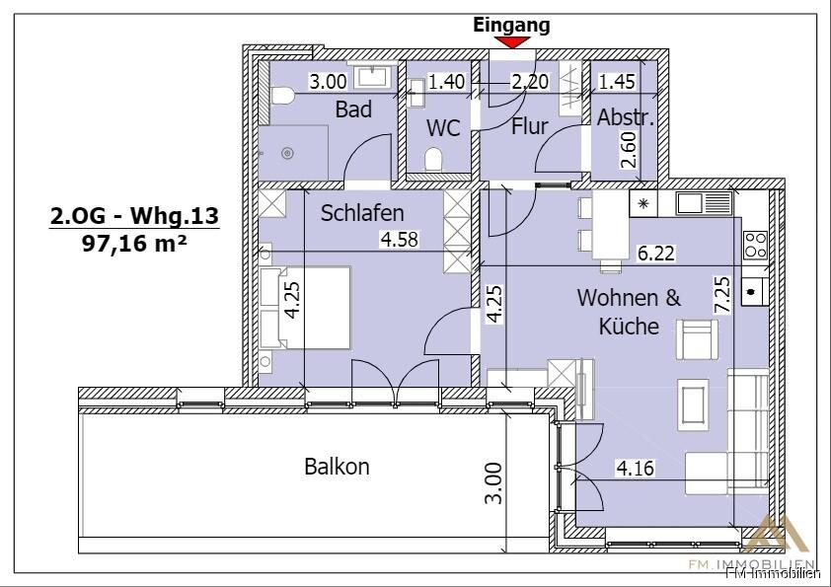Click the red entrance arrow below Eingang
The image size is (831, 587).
click(512, 42)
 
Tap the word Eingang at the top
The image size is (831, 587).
click(511, 25)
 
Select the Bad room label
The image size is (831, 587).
click(353, 109)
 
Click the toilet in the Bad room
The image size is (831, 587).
click(281, 97)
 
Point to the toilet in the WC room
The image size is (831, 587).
click(433, 159)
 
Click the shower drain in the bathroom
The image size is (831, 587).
click(288, 153)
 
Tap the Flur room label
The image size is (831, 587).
click(529, 126)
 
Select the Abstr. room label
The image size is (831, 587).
click(626, 118)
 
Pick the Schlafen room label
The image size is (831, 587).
click(362, 213)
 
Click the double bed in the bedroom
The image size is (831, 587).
click(306, 307)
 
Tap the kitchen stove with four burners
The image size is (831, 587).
click(755, 244)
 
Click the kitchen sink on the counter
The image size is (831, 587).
click(704, 205)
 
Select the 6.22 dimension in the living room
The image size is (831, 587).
click(656, 255)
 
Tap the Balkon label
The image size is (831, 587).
click(337, 467)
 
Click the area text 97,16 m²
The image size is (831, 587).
click(134, 243)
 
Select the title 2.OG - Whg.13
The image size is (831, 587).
click(134, 215)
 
